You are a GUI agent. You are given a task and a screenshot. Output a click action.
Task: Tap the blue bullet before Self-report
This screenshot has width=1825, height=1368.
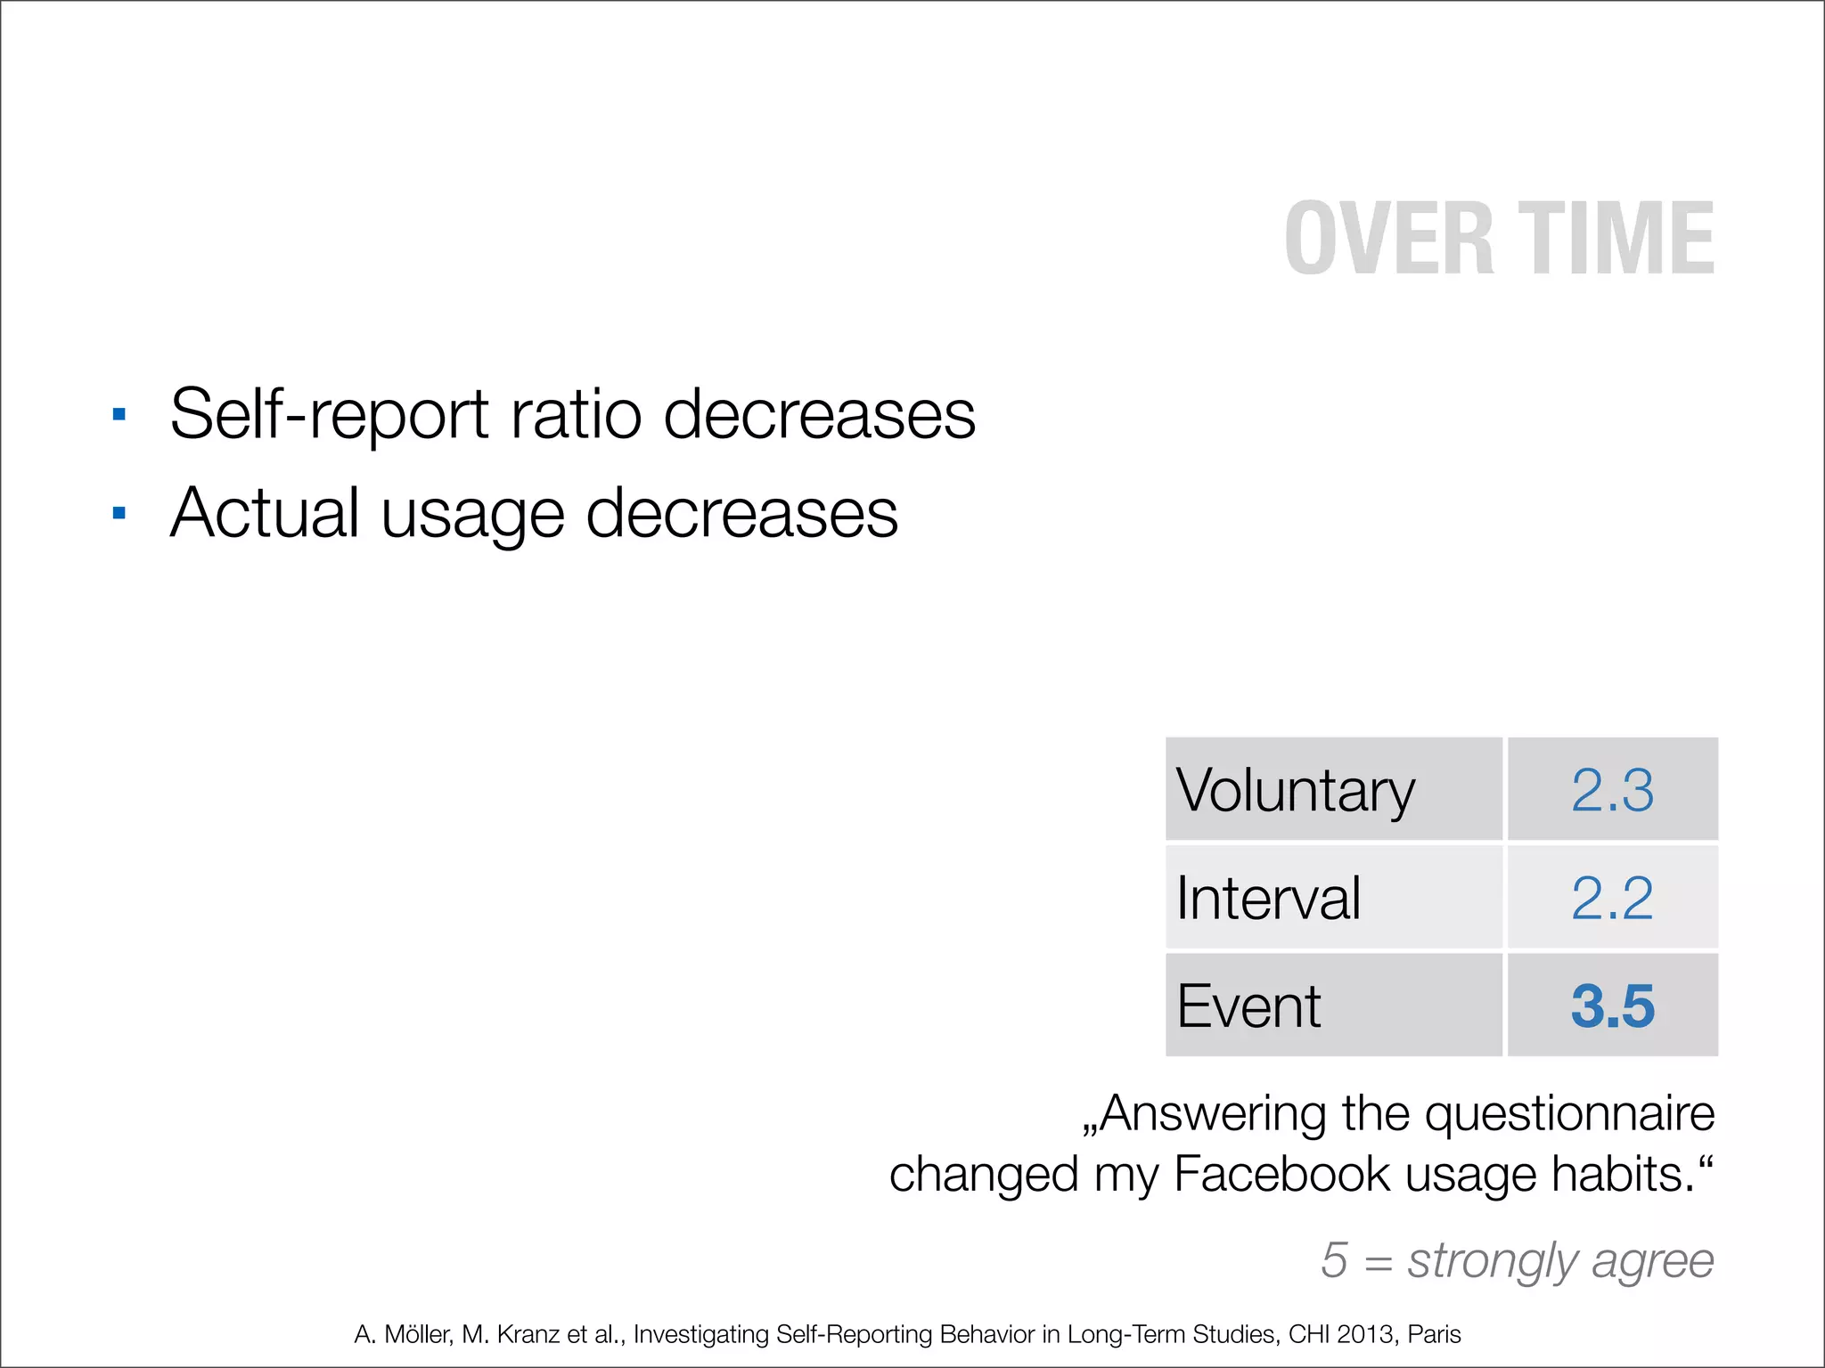[119, 414]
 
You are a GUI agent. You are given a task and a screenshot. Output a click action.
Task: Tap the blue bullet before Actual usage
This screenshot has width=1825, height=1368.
[119, 513]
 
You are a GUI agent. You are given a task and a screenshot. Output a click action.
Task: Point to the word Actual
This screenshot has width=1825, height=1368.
[265, 514]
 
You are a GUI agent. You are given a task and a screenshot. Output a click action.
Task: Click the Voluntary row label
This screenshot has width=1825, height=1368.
[1295, 791]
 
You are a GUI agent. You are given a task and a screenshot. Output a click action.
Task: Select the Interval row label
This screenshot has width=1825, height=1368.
[1268, 898]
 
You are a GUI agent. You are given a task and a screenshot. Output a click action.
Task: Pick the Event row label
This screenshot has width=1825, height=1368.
[1248, 1006]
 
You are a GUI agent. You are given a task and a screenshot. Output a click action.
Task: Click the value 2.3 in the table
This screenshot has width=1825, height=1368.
[1612, 790]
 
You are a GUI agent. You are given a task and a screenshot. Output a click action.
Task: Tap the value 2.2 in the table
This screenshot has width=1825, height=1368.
[1612, 898]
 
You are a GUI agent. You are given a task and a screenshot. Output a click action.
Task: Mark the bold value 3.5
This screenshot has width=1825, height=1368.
[1612, 1006]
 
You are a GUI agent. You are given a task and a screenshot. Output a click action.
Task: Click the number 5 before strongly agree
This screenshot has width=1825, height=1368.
[1334, 1260]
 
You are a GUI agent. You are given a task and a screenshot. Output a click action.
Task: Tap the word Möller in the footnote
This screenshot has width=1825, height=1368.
[417, 1334]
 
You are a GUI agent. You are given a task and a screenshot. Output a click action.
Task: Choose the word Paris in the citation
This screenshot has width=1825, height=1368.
[1435, 1334]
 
